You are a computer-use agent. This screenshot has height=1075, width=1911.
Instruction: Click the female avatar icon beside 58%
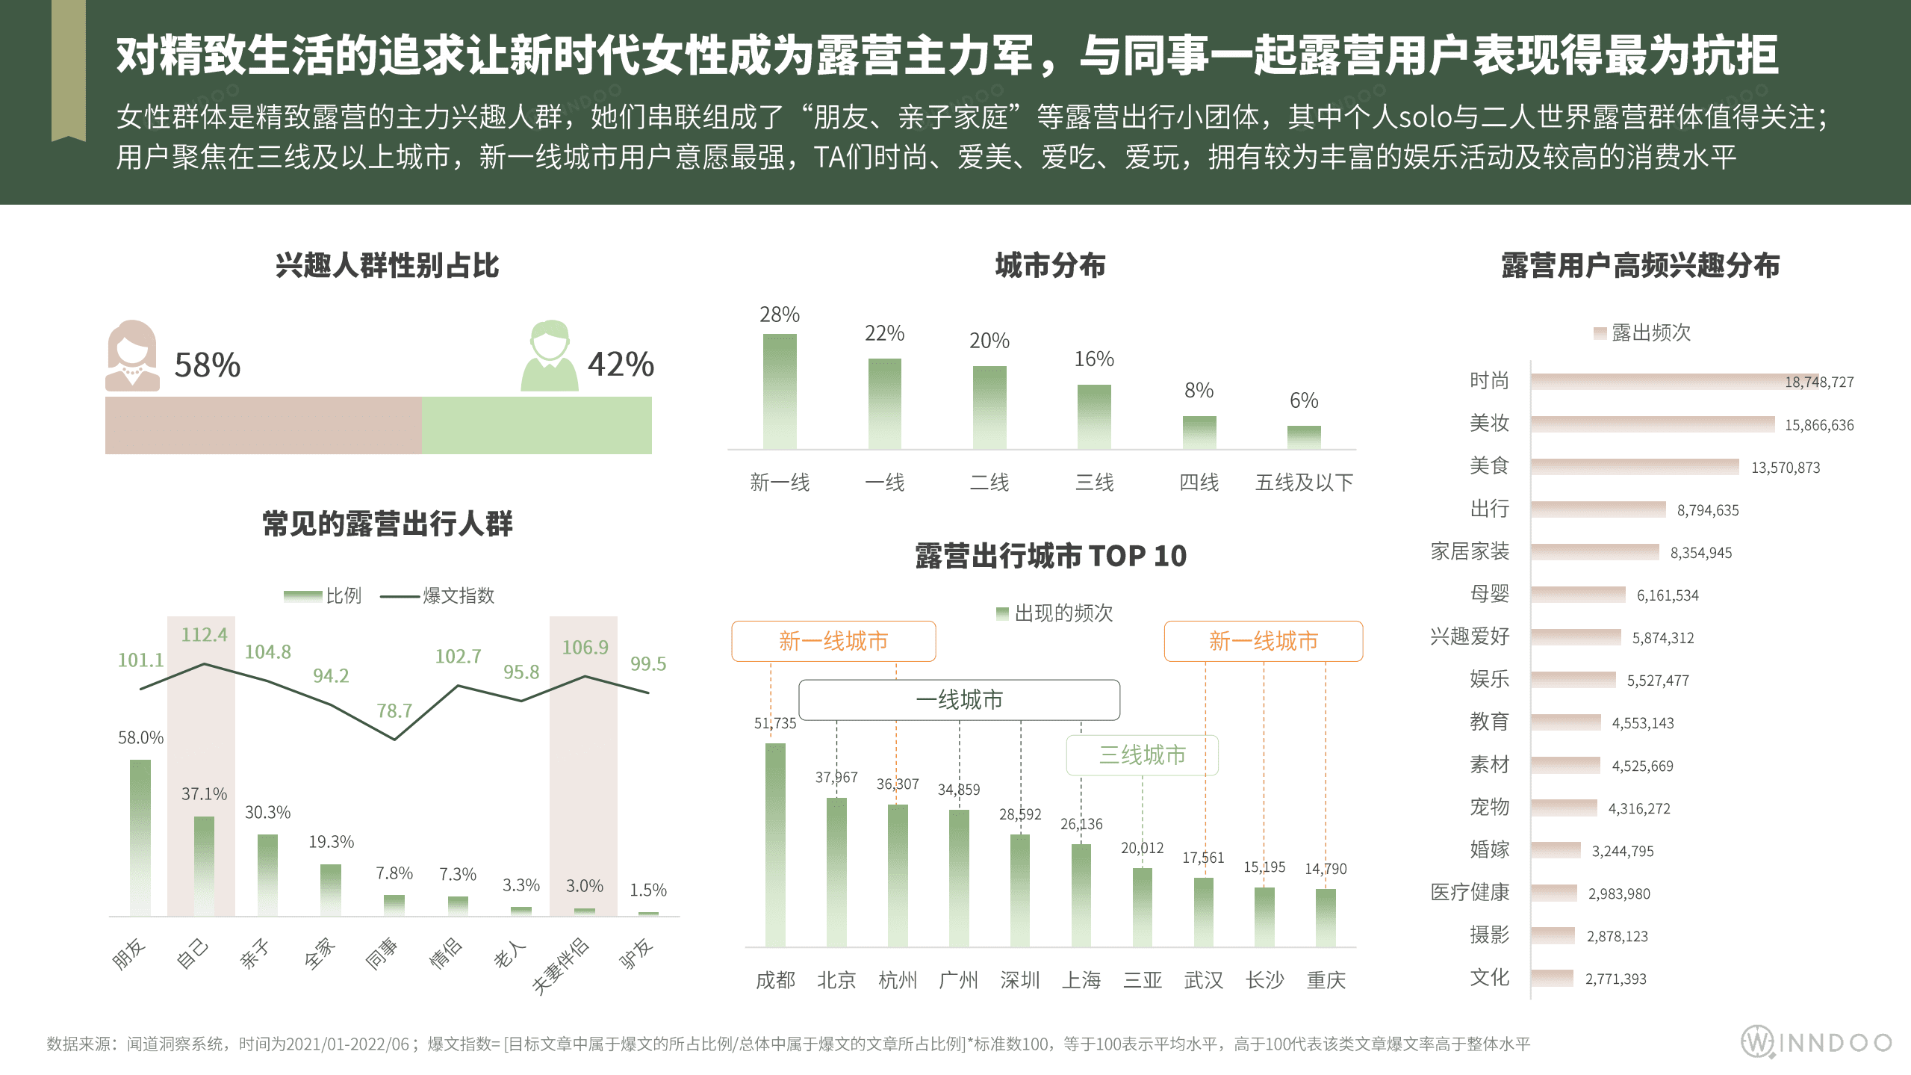tap(132, 356)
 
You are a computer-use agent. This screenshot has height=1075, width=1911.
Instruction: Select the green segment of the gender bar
tap(536, 425)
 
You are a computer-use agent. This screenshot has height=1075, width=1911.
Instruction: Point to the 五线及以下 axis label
tap(1304, 483)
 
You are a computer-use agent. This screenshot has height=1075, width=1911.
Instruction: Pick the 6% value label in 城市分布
tap(1304, 400)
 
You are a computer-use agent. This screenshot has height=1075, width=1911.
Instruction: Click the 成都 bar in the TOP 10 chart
tap(775, 844)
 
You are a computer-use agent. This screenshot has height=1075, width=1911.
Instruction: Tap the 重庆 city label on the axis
tap(1326, 980)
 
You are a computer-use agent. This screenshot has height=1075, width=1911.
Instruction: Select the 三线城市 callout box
tap(1142, 755)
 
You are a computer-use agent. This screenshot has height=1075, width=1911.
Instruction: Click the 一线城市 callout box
tap(959, 700)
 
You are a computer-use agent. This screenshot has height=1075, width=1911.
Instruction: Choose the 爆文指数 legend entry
tap(438, 595)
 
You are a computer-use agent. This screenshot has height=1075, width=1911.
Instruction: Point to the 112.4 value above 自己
tap(204, 635)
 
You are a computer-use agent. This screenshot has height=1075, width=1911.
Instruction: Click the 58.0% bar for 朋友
tap(140, 837)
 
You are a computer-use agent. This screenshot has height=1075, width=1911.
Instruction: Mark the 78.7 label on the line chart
tap(394, 710)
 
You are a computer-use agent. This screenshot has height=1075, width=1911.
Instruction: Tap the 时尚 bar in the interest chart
tap(1654, 382)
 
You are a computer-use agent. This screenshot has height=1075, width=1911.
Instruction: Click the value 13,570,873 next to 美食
tap(1785, 468)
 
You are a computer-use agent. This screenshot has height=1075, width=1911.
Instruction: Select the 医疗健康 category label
tap(1469, 892)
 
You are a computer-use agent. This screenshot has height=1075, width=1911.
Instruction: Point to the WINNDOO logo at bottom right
tap(1816, 1042)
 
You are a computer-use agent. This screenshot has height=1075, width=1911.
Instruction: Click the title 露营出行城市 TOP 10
tap(1050, 556)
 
